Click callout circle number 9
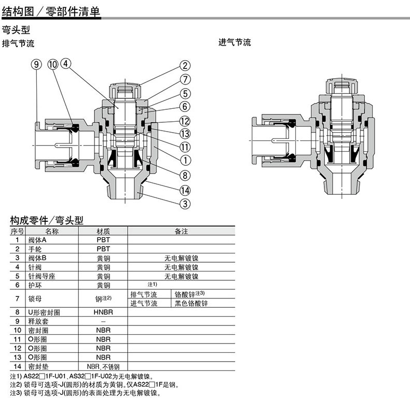coord(36,64)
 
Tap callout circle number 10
coord(52,64)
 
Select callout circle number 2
coord(185,65)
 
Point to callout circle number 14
coord(185,190)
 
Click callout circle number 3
coord(185,204)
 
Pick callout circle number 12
coord(185,121)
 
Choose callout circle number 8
coord(185,176)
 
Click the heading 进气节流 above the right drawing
coord(235,42)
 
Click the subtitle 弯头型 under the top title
coord(16,30)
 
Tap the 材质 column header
coord(103,231)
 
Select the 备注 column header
coord(181,231)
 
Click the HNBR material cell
coord(103,312)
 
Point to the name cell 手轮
coord(35,249)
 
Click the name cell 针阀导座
coord(42,276)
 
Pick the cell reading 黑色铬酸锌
coord(191,303)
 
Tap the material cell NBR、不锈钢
coord(103,366)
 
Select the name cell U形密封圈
coord(44,312)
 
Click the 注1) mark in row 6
coord(152,284)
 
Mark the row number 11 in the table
coord(17,339)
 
